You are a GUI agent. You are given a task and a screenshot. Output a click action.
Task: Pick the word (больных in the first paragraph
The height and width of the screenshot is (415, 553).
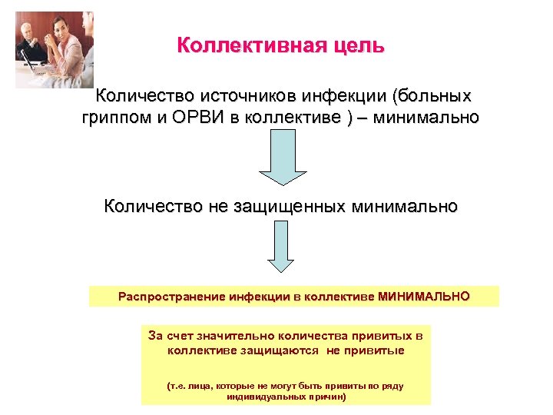pos(431,97)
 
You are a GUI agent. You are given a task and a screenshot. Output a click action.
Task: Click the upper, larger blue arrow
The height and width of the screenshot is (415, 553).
pos(281,157)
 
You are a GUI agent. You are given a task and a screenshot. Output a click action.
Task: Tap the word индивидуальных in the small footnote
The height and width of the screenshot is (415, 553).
pos(265,397)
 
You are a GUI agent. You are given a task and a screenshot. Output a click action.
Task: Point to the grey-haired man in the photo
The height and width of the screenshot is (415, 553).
pos(26,32)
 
